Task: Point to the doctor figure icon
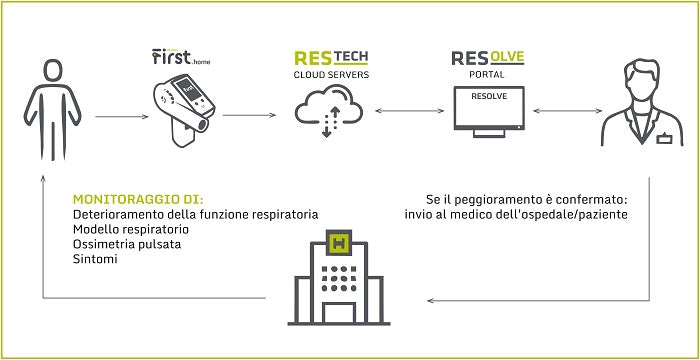(x=642, y=106)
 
